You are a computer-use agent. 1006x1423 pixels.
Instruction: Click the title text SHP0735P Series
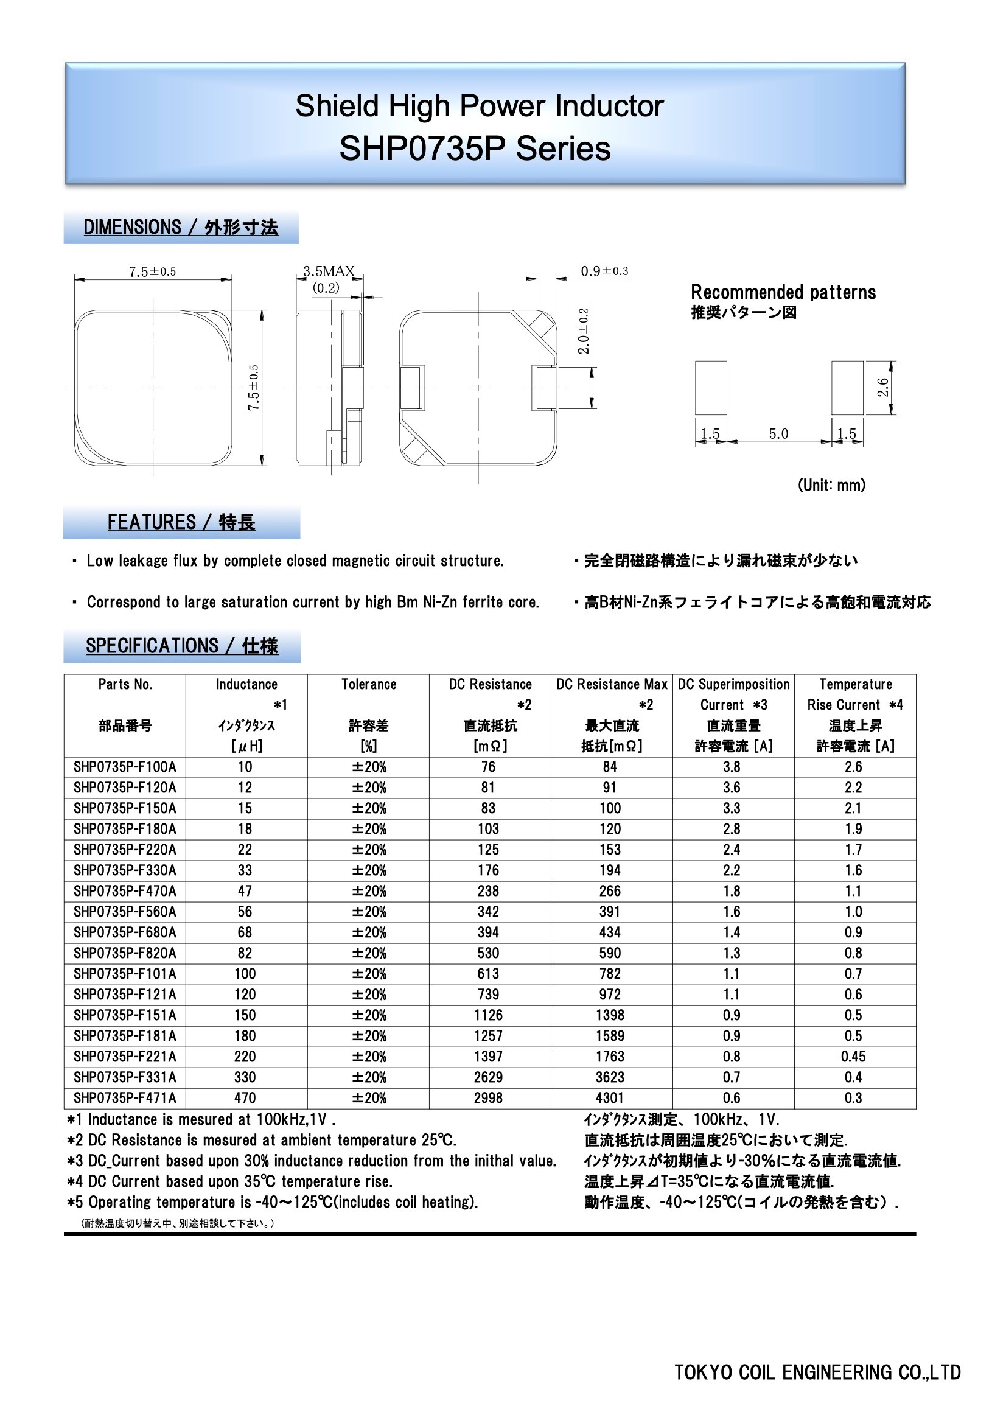pos(475,149)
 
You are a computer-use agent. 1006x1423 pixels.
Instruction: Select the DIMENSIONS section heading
pos(180,228)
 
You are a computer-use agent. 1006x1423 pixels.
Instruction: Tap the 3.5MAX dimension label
pos(329,271)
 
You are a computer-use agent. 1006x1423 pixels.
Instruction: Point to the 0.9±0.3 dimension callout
pos(604,271)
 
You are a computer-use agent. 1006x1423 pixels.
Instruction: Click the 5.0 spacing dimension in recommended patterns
pos(778,434)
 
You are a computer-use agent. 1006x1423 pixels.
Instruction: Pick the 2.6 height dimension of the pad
pos(882,387)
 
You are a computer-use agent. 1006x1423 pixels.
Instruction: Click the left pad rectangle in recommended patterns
pos(710,388)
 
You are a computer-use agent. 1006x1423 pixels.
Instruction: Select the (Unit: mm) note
pos(831,484)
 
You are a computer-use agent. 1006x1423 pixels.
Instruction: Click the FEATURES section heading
pos(181,522)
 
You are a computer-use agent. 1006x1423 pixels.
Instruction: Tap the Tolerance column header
pos(369,684)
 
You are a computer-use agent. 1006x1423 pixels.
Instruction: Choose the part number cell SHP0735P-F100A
pos(125,767)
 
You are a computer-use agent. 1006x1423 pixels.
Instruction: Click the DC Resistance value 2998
pos(489,1098)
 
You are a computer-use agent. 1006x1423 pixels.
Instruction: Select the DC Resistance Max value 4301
pos(610,1098)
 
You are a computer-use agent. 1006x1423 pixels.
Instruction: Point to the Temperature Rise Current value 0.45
pos(853,1057)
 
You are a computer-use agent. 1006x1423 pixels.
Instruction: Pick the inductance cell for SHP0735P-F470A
pos(245,891)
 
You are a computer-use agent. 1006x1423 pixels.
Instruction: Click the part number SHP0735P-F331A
pos(125,1077)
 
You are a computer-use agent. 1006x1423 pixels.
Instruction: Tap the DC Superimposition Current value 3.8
pos(732,767)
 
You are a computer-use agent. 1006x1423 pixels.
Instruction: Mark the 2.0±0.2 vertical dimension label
pos(584,331)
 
